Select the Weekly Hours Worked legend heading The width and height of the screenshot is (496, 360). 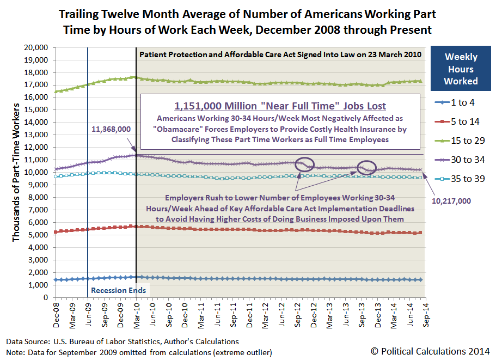click(461, 69)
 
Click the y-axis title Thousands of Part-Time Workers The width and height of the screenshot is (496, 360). click(16, 172)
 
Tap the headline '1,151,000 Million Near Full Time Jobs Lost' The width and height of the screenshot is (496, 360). click(281, 105)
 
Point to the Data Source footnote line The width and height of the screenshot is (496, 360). click(123, 341)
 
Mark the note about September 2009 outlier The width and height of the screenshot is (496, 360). click(139, 352)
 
